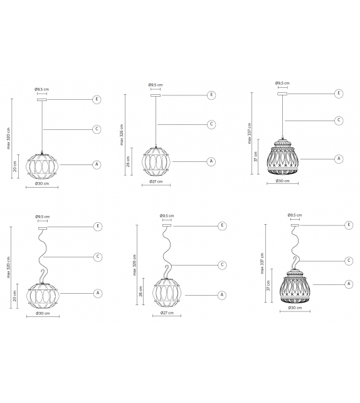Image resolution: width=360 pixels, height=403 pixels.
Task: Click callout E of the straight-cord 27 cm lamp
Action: point(211,95)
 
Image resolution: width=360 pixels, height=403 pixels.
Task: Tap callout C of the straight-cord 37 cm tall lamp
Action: point(338,120)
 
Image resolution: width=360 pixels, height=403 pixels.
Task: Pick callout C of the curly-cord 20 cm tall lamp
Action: point(98,256)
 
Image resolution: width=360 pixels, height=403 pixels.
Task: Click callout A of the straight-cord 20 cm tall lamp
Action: point(97,164)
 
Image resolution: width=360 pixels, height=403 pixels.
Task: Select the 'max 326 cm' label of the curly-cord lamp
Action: point(134,265)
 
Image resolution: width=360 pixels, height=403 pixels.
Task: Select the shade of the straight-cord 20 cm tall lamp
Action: point(41,166)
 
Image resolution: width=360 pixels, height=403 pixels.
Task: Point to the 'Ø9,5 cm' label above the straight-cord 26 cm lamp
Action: point(156,85)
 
